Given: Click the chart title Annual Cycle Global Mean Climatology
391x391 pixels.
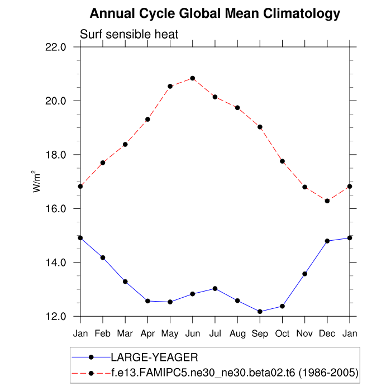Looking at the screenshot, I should tap(214, 13).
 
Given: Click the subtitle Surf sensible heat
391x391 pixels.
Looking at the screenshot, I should tap(129, 35).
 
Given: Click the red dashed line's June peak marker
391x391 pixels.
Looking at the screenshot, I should tap(193, 78).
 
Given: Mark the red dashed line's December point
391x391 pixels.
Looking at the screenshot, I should tap(327, 201).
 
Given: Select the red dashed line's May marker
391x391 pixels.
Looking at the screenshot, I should tap(170, 86).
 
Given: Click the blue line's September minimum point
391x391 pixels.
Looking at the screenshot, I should tap(260, 311).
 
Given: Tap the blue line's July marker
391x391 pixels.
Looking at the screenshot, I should tap(215, 288).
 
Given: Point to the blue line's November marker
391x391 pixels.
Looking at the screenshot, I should tap(305, 274).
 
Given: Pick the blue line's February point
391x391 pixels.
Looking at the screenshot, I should tap(103, 258).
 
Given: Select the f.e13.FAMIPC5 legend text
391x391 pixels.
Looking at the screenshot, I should tap(235, 371).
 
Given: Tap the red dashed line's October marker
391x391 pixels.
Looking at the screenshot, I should tap(283, 161).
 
